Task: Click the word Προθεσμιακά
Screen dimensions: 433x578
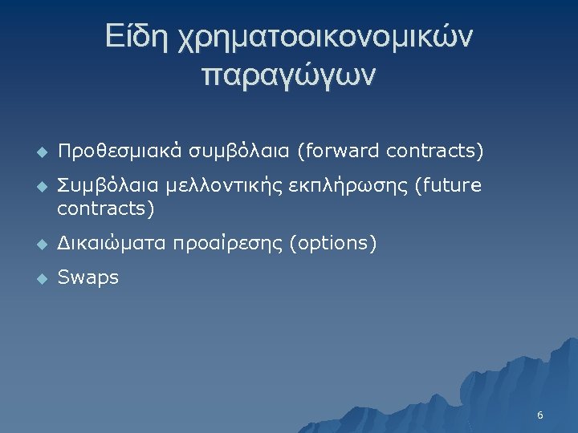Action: pyautogui.click(x=117, y=152)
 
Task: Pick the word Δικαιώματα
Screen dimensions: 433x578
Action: pyautogui.click(x=113, y=243)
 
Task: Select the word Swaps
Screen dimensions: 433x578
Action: pyautogui.click(x=88, y=278)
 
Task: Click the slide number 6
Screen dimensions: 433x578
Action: pyautogui.click(x=540, y=415)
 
